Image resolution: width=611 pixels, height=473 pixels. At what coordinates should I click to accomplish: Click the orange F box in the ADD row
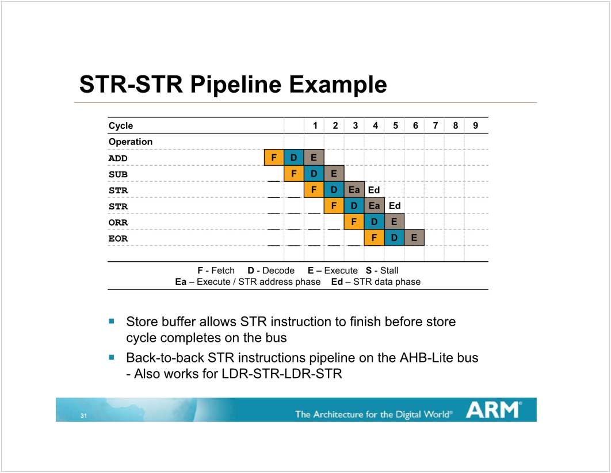[274, 158]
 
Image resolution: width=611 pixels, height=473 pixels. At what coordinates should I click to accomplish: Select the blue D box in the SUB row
[314, 173]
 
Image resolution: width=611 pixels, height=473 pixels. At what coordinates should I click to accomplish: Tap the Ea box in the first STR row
[354, 190]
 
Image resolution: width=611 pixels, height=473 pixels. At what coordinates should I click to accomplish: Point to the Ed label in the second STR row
[395, 205]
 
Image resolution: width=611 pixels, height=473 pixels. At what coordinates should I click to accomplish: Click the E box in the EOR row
[414, 238]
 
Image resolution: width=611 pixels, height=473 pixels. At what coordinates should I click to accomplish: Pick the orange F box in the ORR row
[354, 222]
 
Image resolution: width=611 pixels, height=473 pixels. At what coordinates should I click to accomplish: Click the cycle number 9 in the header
[475, 125]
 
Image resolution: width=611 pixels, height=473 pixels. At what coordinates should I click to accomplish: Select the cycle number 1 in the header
[315, 125]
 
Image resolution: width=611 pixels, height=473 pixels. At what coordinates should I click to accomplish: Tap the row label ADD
[118, 158]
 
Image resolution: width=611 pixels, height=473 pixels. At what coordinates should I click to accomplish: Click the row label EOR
[118, 238]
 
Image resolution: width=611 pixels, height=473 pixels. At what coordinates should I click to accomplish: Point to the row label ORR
[118, 223]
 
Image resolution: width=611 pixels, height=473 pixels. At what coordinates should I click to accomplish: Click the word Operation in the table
[131, 142]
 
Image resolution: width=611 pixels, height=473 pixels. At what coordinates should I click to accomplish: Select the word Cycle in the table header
[121, 125]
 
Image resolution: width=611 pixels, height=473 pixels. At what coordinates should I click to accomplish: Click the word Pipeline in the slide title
[235, 85]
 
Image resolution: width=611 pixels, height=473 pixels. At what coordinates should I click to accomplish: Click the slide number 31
[84, 415]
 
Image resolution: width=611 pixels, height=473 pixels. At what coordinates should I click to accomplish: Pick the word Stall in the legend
[389, 270]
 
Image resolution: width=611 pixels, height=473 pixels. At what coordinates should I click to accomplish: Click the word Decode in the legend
[278, 270]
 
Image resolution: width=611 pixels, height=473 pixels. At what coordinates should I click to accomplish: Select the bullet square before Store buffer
[112, 321]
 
